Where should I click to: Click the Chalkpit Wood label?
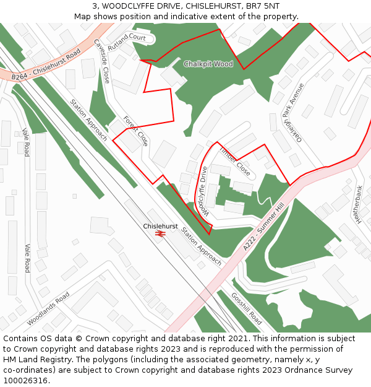(x=208, y=64)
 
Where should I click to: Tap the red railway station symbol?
(x=161, y=233)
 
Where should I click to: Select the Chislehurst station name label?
(x=160, y=227)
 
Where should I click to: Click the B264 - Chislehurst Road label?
(x=46, y=66)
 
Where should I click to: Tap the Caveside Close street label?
(x=103, y=66)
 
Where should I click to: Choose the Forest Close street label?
(x=135, y=131)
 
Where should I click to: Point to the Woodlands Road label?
(x=49, y=308)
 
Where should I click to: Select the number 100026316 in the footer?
(x=25, y=381)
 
